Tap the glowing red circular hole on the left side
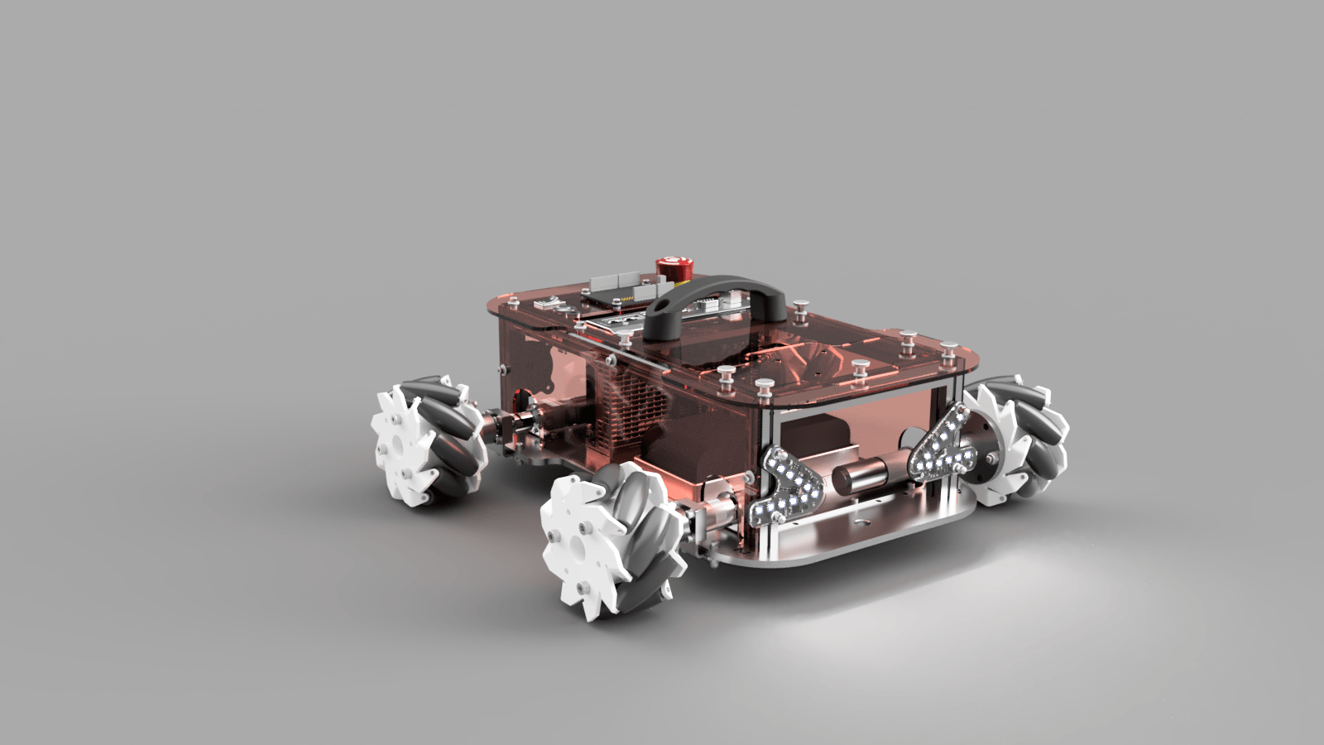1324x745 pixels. click(520, 398)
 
